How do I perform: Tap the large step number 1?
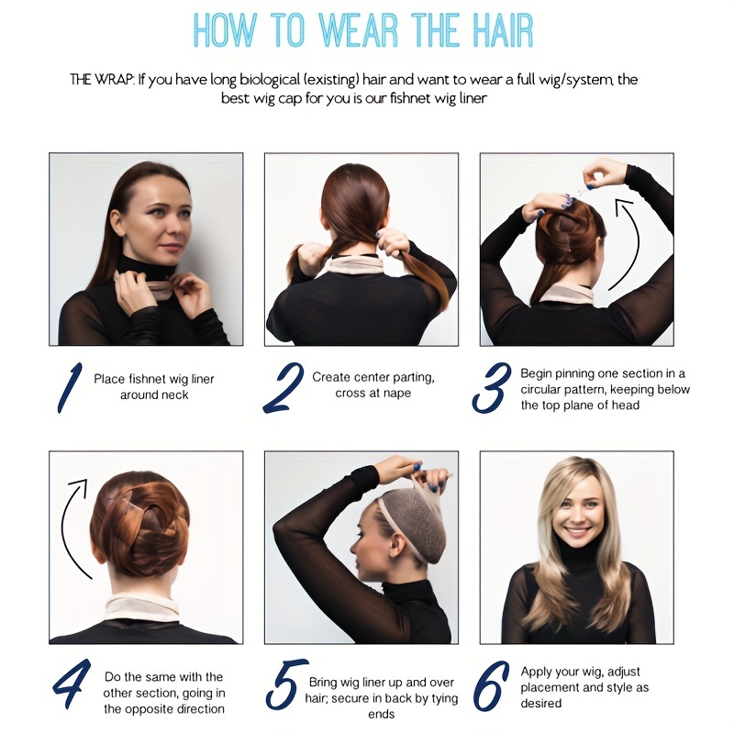pos(70,387)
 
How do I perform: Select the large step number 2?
pos(284,387)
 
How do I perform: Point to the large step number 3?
pos(491,387)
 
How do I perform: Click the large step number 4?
pos(72,683)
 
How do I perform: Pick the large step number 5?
pos(286,684)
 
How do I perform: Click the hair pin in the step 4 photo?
pos(125,504)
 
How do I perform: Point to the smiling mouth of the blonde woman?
pos(576,532)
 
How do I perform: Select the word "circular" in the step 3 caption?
pos(539,389)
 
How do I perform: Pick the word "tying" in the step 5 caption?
pos(444,699)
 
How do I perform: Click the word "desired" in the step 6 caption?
pos(541,703)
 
